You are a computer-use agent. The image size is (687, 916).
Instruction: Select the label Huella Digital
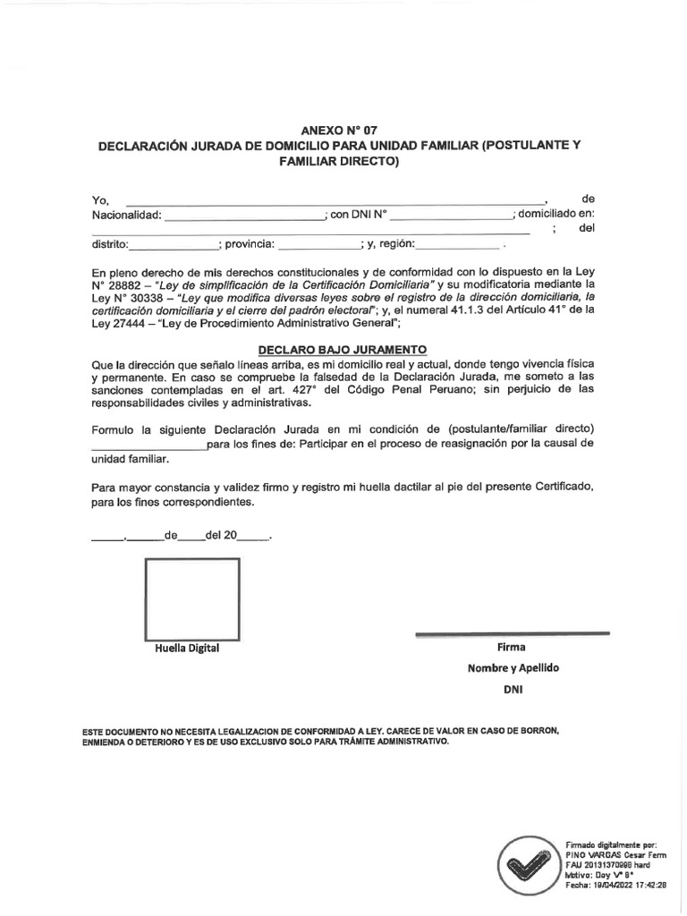pos(187,649)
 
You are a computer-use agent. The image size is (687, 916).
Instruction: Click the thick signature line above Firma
pos(513,634)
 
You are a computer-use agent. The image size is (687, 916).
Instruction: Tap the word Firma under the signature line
pos(511,647)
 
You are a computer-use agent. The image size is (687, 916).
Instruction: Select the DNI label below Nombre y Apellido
pos(511,690)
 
